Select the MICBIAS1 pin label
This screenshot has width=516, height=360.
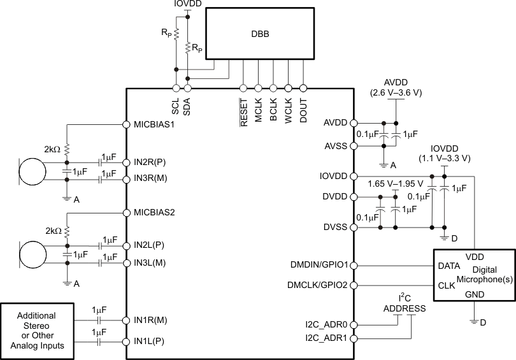pyautogui.click(x=154, y=124)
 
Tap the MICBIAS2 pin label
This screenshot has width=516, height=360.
pyautogui.click(x=154, y=212)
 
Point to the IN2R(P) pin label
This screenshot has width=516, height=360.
pyautogui.click(x=150, y=163)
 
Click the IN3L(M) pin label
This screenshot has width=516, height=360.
pyautogui.click(x=150, y=263)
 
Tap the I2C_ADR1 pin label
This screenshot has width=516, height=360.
pyautogui.click(x=326, y=338)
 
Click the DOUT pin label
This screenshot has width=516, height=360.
pyautogui.click(x=303, y=110)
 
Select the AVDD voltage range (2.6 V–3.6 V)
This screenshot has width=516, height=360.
pyautogui.click(x=396, y=92)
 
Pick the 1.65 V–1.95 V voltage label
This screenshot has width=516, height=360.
pyautogui.click(x=395, y=184)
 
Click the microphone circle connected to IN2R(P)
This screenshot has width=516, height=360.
pyautogui.click(x=32, y=171)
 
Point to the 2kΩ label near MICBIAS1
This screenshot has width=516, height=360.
pyautogui.click(x=52, y=149)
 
